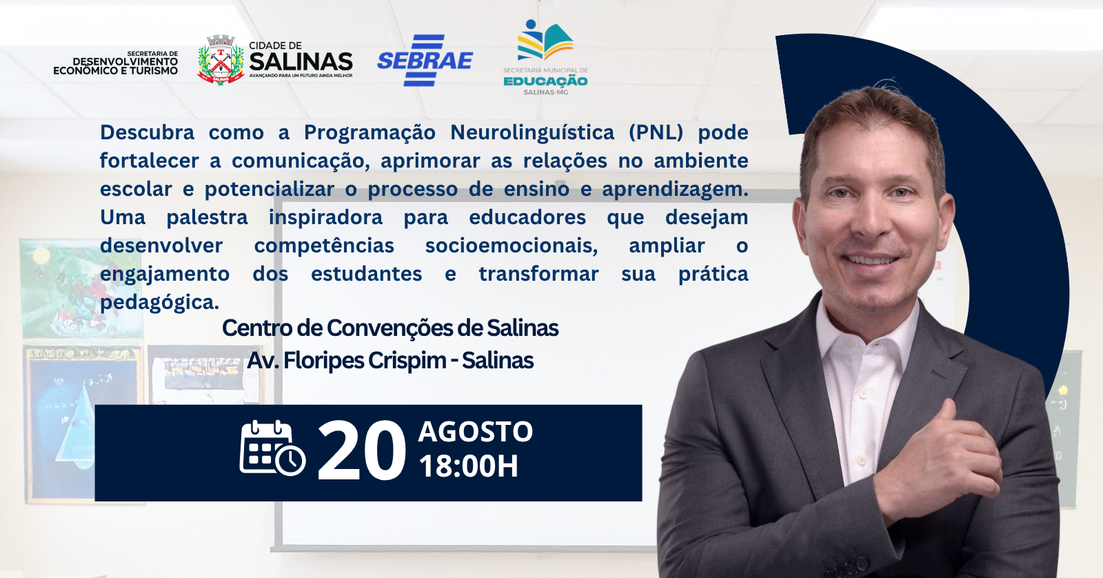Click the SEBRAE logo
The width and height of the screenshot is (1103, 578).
pos(425,60)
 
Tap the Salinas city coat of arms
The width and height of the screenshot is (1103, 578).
pos(221,60)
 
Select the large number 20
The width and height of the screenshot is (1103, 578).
pos(362,451)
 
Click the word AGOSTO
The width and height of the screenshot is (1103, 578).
pos(475,432)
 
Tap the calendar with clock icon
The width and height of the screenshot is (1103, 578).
pos(272,448)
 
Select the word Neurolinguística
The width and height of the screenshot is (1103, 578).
pos(532,132)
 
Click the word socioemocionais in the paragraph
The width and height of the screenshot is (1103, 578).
pos(512,246)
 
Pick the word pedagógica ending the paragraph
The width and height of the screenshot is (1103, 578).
pos(159,303)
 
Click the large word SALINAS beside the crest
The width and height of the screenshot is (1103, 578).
pos(301,61)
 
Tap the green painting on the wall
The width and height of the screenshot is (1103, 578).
pos(80,288)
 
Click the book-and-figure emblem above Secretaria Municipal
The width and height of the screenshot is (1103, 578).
pos(545,40)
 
